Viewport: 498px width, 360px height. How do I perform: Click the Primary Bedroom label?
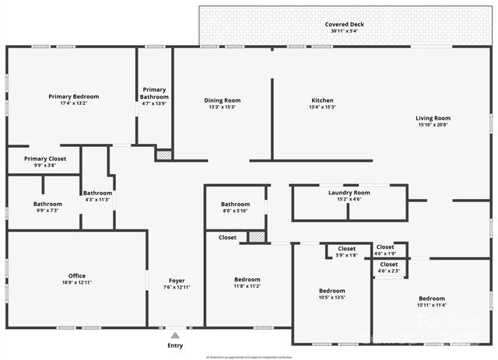74,96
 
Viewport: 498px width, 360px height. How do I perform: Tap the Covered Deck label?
344,24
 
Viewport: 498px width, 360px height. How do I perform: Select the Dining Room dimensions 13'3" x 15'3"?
223,107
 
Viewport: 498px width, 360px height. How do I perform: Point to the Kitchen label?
322,100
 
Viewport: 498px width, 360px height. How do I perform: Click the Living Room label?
433,118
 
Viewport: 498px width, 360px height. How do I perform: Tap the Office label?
77,275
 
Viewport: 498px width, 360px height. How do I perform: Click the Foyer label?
177,280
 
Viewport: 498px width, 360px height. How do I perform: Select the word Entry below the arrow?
176,345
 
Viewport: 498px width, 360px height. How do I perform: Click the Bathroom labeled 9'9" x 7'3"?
47,204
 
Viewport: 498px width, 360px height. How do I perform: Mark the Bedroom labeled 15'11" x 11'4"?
432,299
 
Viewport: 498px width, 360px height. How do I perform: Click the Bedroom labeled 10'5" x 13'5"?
332,290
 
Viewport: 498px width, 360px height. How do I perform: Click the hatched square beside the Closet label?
257,236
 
